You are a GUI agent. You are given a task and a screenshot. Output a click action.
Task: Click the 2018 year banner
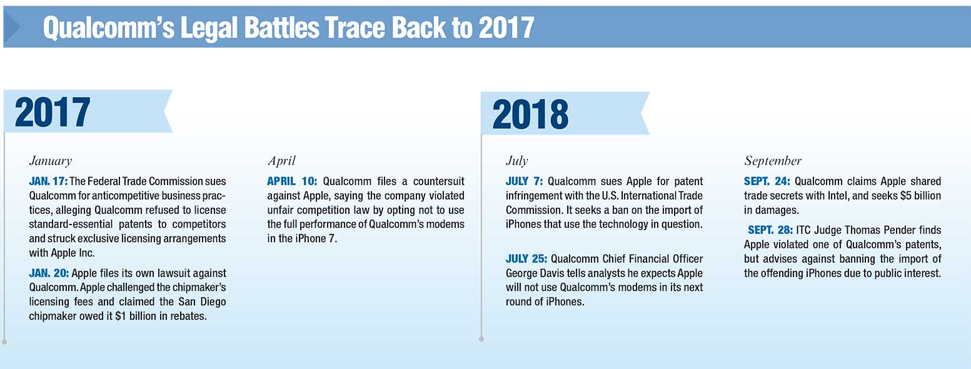pos(565,113)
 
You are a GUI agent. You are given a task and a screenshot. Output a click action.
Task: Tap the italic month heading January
pos(50,161)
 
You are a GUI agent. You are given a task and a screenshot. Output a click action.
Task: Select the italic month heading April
pos(281,161)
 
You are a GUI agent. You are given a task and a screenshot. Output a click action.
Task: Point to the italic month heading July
pos(516,161)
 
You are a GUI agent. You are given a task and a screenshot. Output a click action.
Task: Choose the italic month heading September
pos(772,161)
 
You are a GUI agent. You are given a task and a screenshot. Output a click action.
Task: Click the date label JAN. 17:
pos(48,181)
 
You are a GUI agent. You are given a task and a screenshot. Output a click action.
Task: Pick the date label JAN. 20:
pos(49,273)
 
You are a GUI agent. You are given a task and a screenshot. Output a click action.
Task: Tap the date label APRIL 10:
pos(292,181)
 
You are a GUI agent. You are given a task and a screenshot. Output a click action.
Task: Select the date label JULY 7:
pos(524,181)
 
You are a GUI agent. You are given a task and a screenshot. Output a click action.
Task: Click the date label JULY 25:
pos(526,259)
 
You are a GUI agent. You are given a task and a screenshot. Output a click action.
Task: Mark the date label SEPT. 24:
pos(767,181)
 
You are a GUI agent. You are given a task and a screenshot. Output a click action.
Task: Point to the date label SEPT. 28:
pos(770,230)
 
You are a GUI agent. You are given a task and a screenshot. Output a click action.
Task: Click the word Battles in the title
pos(282,28)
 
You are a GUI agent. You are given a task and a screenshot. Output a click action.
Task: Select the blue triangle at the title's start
pos(12,27)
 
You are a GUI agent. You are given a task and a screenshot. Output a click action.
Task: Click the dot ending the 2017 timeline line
pos(4,341)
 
